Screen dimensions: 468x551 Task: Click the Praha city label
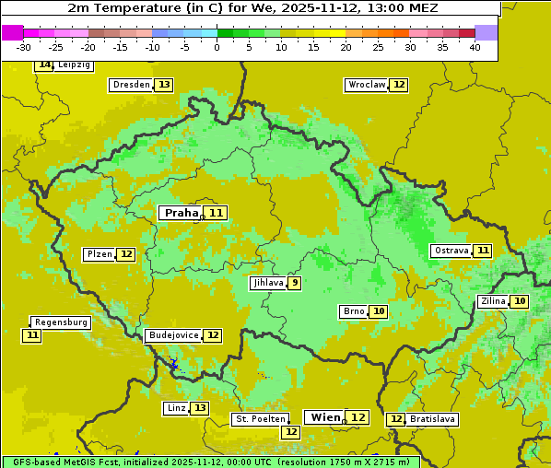coord(182,213)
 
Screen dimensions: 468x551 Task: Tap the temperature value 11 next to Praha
coord(217,213)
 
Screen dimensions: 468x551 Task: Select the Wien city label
coord(325,417)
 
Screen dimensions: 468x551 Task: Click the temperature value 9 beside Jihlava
coord(295,283)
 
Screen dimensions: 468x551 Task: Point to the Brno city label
coord(353,311)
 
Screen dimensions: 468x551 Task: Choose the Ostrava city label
coord(451,251)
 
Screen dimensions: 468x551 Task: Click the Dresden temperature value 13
coord(164,85)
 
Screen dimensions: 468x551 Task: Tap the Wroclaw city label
coord(366,85)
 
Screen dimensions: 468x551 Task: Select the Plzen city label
coord(99,254)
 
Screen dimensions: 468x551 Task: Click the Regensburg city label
coord(61,322)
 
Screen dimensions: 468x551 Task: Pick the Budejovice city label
coord(172,335)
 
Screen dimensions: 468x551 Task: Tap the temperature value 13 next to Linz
coord(200,408)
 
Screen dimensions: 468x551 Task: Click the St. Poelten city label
coord(260,419)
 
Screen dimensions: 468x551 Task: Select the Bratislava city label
coord(432,419)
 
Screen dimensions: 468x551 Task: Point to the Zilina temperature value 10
coord(521,301)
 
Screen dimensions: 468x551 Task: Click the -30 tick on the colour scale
coord(24,47)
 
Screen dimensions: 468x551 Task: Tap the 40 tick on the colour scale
coord(475,47)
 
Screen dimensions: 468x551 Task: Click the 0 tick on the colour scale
coord(217,47)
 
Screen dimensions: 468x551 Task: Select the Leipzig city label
coord(74,65)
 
